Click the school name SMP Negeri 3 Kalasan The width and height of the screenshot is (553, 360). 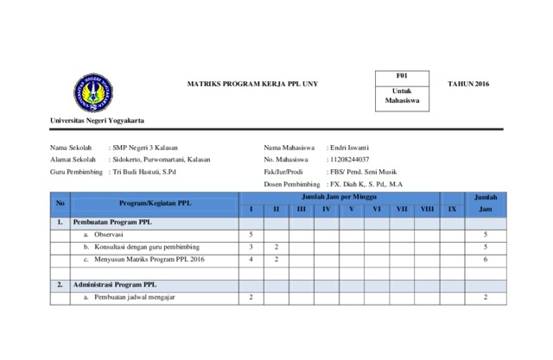click(145, 148)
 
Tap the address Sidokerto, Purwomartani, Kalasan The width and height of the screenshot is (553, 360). click(162, 160)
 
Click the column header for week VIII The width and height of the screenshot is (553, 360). click(427, 210)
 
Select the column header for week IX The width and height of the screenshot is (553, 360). click(451, 210)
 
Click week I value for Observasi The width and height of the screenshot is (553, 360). click(251, 234)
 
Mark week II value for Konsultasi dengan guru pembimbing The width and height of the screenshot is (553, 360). click(276, 247)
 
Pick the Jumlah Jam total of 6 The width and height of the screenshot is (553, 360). click(486, 259)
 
